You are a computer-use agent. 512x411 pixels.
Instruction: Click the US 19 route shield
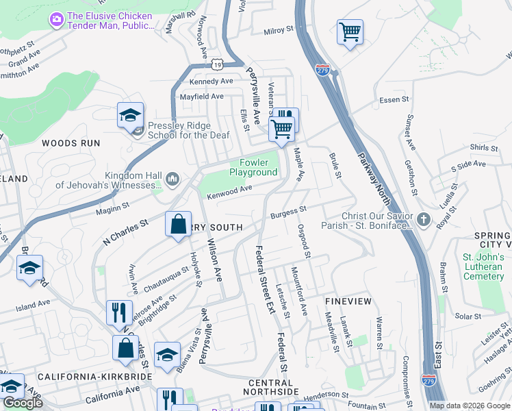[217, 64]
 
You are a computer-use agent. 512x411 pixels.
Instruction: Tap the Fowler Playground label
[248, 167]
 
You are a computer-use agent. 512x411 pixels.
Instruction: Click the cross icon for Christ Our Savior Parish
[424, 221]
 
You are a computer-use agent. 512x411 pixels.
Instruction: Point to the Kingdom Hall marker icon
[172, 179]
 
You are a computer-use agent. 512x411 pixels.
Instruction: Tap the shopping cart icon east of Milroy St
[350, 32]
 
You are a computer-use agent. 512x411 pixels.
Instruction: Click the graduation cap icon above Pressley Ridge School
[129, 115]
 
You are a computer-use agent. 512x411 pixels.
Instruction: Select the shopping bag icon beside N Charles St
[178, 224]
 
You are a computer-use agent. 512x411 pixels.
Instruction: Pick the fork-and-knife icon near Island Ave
[119, 312]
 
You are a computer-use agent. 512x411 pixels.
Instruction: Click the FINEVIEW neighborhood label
[348, 301]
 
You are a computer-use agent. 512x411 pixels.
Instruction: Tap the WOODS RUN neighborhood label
[71, 143]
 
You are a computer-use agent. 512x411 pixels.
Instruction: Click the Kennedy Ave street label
[211, 81]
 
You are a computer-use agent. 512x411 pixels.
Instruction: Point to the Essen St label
[394, 100]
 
